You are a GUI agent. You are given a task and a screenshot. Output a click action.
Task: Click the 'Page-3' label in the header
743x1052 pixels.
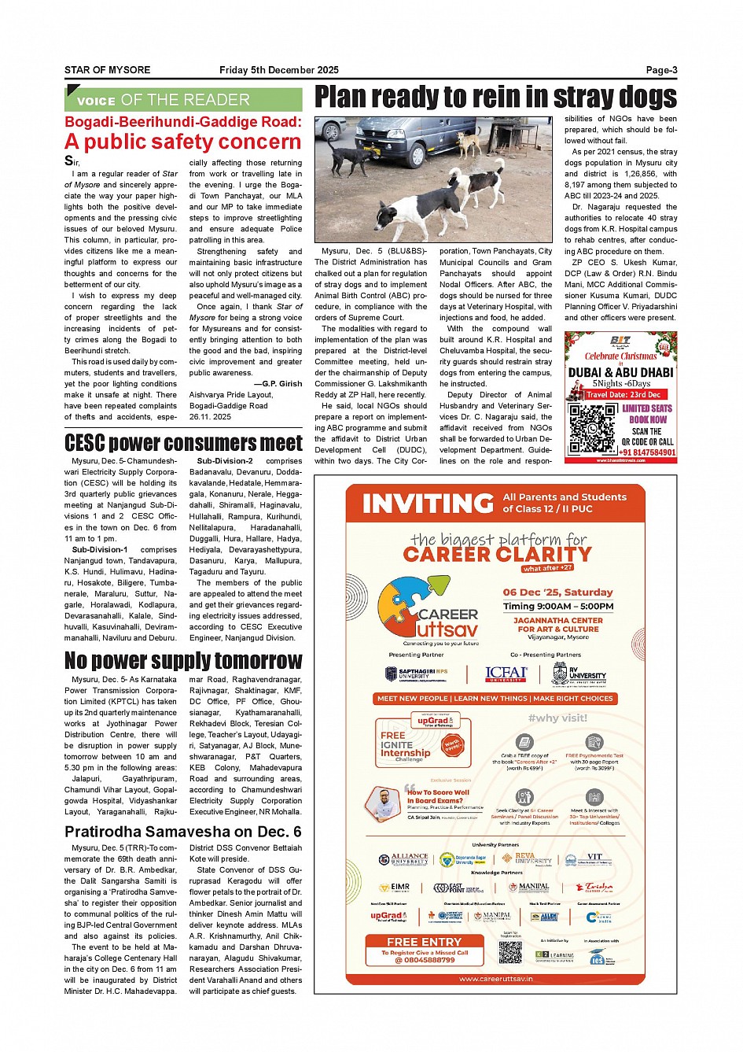(x=661, y=70)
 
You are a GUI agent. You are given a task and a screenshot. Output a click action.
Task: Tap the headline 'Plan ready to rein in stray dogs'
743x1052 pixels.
(x=495, y=97)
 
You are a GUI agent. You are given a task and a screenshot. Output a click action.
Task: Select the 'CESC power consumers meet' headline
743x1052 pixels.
(x=183, y=443)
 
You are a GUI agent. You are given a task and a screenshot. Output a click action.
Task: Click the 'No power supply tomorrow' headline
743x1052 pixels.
(x=183, y=660)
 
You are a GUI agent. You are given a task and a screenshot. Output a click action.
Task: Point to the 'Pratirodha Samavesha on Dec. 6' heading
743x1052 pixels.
(x=183, y=832)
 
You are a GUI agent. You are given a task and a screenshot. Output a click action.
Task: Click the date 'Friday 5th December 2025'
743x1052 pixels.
(x=267, y=70)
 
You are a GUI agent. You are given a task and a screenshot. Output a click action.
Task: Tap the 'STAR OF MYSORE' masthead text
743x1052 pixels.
(x=107, y=70)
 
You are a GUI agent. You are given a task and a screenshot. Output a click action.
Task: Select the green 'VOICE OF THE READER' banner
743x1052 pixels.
(x=183, y=100)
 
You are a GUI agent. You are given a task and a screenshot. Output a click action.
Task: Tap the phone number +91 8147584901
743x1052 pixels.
(x=647, y=452)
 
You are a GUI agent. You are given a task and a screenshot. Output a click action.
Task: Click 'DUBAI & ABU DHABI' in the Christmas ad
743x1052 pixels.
(x=620, y=372)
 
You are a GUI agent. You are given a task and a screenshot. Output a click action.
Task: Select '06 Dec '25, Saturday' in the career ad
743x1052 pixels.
(x=557, y=592)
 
